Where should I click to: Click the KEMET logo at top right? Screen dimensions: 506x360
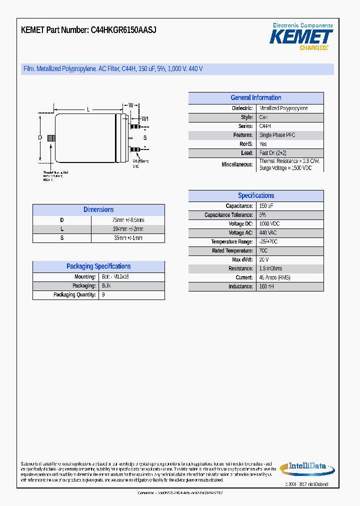coord(301,36)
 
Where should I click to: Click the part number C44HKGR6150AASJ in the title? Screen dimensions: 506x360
coord(123,30)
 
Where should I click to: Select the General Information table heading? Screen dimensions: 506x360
coord(255,98)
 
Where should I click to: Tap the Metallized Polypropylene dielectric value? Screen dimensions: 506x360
coord(283,108)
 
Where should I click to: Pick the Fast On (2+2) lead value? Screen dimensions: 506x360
coord(273,153)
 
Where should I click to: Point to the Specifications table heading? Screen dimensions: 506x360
coord(255,196)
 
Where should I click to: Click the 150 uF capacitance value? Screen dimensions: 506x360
coord(266,206)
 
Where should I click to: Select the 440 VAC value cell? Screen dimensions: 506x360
coord(268,233)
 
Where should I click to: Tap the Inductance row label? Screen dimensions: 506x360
coord(240,286)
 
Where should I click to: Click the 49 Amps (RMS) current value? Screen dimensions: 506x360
coord(275,277)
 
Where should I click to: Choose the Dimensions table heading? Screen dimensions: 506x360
coord(98,210)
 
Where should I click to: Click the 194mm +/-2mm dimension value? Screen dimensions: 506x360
coord(127,229)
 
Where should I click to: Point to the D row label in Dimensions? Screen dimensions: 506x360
coord(62,220)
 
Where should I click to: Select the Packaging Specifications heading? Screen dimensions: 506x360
coord(98,266)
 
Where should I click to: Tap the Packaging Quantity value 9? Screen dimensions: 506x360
coord(103,295)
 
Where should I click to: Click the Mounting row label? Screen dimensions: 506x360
coord(85,276)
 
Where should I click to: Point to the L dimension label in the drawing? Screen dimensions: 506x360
coord(88,108)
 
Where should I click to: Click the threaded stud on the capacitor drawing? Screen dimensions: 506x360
coord(50,138)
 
